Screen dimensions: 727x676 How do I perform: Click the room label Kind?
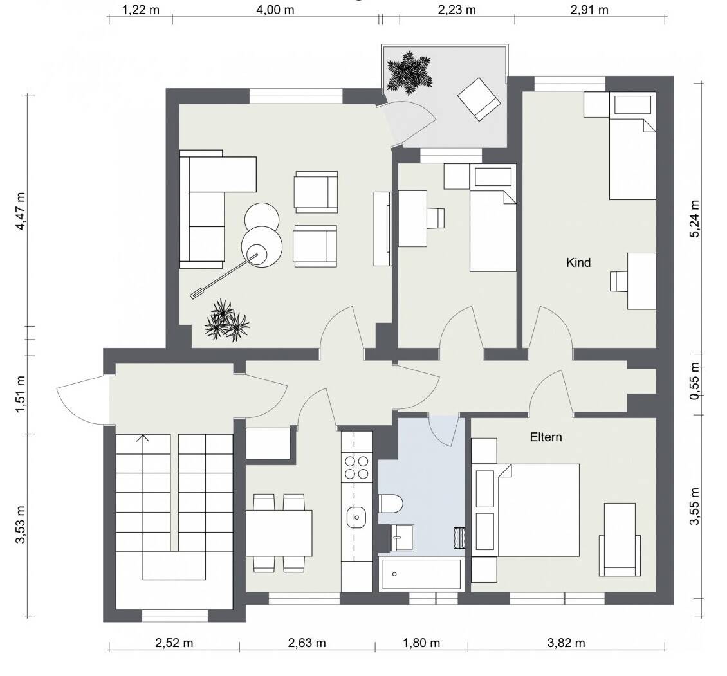(x=578, y=262)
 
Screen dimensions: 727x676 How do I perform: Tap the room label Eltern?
(x=546, y=437)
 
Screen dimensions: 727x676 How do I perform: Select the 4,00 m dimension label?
(x=275, y=10)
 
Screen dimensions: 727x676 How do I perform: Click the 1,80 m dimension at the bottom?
(x=421, y=643)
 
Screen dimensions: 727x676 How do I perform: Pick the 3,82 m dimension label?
(x=566, y=643)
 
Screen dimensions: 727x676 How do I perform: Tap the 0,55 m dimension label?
(x=694, y=380)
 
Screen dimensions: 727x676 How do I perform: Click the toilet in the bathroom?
(x=391, y=504)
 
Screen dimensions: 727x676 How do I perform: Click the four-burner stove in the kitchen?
(x=356, y=468)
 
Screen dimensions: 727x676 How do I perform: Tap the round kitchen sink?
(x=356, y=517)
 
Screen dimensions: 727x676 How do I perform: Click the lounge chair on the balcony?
(x=479, y=99)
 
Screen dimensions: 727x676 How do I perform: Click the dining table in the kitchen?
(x=279, y=533)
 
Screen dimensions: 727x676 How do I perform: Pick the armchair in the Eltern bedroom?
(x=620, y=540)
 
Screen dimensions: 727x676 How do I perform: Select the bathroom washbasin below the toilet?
(x=402, y=537)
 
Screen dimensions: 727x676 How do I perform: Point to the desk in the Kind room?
(x=641, y=281)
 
